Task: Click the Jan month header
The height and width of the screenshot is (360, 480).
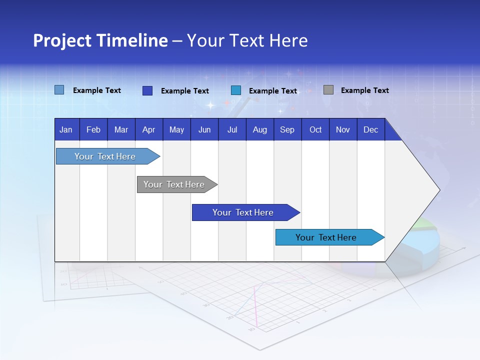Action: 66,130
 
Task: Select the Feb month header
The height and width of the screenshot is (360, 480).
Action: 93,130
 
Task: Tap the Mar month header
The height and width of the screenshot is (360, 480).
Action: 121,130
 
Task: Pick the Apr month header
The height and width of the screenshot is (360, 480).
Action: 148,130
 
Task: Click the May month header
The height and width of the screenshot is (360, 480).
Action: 176,130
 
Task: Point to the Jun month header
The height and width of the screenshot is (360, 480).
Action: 204,130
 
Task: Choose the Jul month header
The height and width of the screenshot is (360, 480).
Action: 232,130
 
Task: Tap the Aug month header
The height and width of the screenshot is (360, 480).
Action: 259,130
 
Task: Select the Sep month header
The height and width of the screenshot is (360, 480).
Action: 287,130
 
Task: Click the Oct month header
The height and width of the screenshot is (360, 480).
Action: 315,130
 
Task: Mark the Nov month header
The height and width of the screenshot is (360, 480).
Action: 343,130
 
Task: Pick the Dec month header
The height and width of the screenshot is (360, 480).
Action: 370,130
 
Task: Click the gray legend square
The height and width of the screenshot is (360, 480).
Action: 328,90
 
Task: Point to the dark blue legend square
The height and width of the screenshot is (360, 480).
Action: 147,90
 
